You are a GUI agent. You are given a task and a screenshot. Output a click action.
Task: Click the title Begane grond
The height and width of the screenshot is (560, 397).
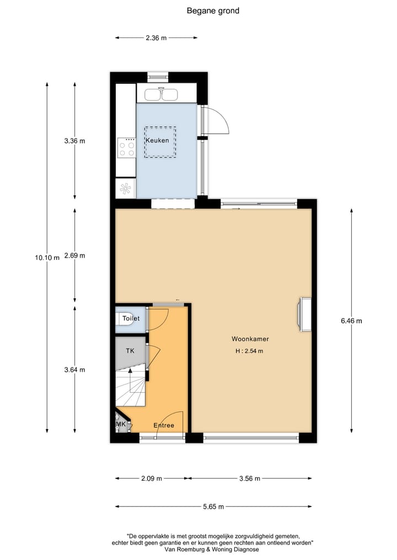coord(213,10)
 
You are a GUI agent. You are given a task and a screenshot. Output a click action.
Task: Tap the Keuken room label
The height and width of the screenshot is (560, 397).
coord(157,140)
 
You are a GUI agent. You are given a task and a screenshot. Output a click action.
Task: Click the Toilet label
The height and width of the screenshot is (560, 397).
coord(131,319)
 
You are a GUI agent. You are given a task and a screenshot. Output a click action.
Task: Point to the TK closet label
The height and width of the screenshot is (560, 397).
coord(130,351)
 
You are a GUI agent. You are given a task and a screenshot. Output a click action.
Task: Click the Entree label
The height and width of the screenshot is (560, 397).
coord(164,425)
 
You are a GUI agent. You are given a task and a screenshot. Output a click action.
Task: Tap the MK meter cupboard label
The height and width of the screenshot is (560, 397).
coord(121,425)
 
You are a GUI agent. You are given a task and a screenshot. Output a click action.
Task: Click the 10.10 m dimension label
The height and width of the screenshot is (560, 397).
coord(47,258)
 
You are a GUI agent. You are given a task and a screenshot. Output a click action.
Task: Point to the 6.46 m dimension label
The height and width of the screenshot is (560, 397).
coord(351,321)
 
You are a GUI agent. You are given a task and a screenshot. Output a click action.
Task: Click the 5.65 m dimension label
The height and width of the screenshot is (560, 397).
coord(213,507)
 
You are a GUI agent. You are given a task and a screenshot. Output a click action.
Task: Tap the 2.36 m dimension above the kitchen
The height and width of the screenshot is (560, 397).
coord(156,38)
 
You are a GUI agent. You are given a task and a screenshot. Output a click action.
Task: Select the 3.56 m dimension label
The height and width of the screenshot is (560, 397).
coord(250,479)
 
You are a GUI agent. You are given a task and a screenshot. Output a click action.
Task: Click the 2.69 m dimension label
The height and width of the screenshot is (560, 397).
coord(74,255)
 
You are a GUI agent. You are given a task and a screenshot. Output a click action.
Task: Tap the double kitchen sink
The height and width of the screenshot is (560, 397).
coord(161,95)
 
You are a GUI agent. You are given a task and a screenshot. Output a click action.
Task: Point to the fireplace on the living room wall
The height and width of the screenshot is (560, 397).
coord(304,315)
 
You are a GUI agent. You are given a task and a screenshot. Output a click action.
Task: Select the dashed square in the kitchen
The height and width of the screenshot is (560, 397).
coord(160,142)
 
